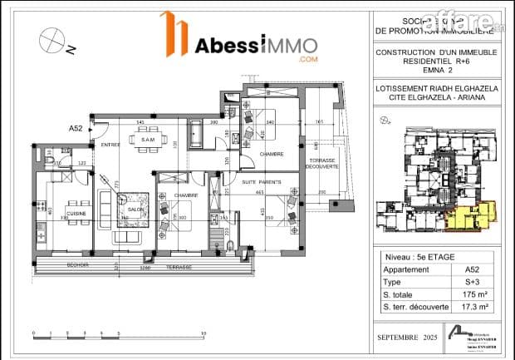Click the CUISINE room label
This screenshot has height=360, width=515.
pos(76,214)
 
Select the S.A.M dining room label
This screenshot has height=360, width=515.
pos(149,140)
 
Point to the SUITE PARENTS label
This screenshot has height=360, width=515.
pos(262,181)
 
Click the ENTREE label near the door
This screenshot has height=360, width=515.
pos(110,145)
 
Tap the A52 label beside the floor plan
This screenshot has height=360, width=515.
pos(76,129)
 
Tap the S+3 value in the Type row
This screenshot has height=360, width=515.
pos(472,282)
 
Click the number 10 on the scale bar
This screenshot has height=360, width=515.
pos(204,334)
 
